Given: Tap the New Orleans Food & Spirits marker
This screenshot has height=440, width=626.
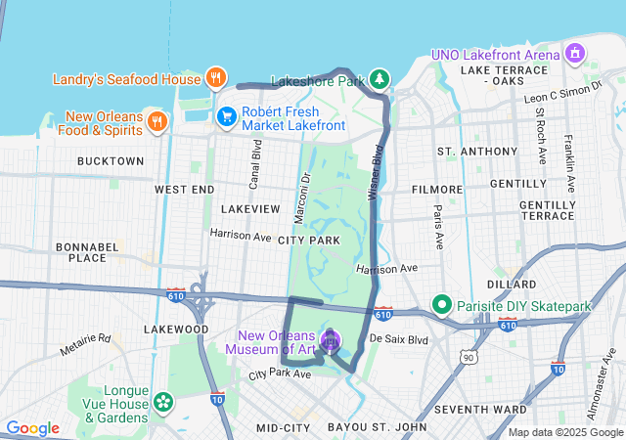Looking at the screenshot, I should tap(156, 121).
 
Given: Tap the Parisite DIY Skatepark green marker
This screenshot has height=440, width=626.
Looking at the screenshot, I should tap(441, 307).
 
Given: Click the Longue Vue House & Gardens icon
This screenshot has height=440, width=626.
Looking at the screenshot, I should tap(161, 402).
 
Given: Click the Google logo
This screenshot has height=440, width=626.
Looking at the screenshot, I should tap(32, 428).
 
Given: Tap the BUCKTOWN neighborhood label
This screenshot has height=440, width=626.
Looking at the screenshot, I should tap(111, 161).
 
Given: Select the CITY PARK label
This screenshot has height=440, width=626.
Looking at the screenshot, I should tap(308, 240).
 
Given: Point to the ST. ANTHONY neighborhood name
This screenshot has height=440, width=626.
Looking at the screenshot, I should tap(477, 152).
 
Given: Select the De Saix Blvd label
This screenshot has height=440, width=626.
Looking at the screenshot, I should tap(400, 339).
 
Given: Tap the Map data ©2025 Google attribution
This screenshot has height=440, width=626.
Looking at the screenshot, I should tap(565, 432).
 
